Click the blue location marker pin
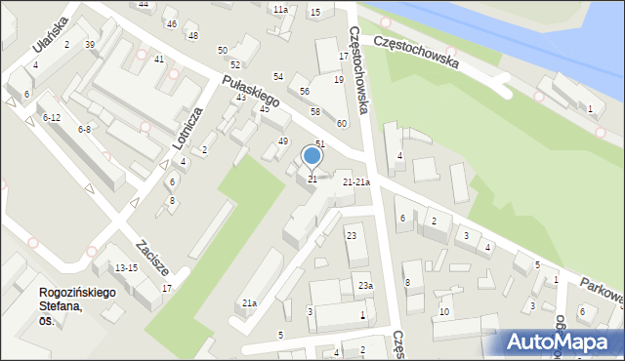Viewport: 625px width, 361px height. tap(312, 156)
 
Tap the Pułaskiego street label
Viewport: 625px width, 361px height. tap(251, 89)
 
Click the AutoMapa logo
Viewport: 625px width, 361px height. tap(562, 341)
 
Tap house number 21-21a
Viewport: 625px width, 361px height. tap(355, 181)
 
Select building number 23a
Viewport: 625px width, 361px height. tap(364, 285)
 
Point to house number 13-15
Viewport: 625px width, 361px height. tap(126, 267)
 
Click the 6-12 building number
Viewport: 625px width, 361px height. tap(51, 117)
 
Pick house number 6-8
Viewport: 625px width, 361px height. tap(84, 129)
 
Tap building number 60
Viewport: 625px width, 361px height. tap(342, 123)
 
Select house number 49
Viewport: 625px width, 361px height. tap(283, 141)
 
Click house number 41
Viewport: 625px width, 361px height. tap(159, 59)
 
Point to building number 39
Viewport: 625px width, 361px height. tap(90, 45)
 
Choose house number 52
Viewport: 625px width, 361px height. tap(235, 64)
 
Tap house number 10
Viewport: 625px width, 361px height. tap(444, 311)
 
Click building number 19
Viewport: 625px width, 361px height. tap(338, 79)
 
